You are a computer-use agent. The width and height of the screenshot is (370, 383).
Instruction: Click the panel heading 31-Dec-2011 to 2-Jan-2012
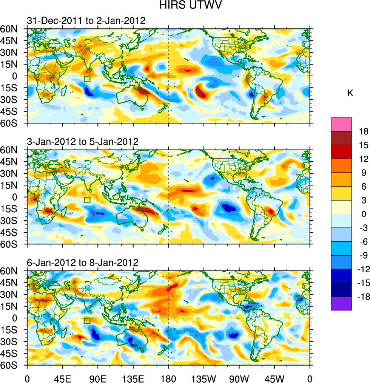pyautogui.click(x=86, y=20)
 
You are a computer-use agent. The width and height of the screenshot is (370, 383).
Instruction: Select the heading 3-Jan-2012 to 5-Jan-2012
pyautogui.click(x=83, y=142)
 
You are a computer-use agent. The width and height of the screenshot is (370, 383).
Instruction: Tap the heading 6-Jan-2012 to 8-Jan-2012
pyautogui.click(x=83, y=263)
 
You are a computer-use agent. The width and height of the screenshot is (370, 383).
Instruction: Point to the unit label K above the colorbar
pyautogui.click(x=350, y=93)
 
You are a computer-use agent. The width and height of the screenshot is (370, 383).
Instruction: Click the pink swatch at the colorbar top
pyautogui.click(x=341, y=124)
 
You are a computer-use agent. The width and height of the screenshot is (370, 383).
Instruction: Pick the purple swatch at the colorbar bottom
pyautogui.click(x=341, y=303)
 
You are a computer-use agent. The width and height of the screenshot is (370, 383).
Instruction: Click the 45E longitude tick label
pyautogui.click(x=62, y=377)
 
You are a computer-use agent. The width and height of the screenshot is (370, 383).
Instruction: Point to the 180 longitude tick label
pyautogui.click(x=168, y=377)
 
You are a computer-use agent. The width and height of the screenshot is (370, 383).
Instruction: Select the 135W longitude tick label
pyautogui.click(x=204, y=377)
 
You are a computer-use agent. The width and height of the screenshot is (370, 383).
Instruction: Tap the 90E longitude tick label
pyautogui.click(x=98, y=377)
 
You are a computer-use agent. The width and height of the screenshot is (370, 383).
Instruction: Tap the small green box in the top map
pyautogui.click(x=87, y=79)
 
